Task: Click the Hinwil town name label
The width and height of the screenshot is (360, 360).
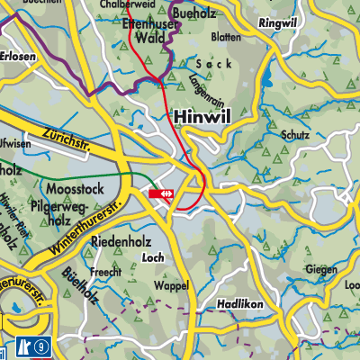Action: point(201,116)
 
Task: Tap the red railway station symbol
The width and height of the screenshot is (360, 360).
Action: point(162,193)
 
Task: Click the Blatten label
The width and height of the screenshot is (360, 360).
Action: point(227,38)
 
